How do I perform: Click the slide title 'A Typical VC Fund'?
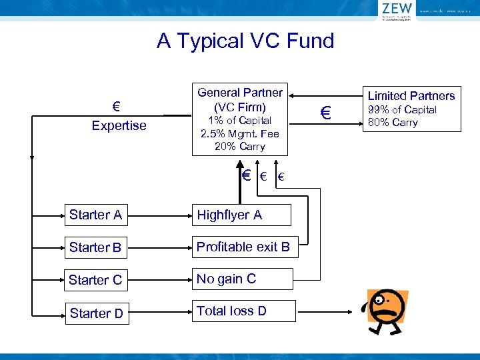pyautogui.click(x=245, y=41)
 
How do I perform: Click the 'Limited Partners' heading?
pyautogui.click(x=411, y=95)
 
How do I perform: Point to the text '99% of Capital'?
pyautogui.click(x=402, y=110)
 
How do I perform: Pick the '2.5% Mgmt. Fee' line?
pyautogui.click(x=240, y=133)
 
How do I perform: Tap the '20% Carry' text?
pyautogui.click(x=240, y=146)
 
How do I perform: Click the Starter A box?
pyautogui.click(x=96, y=215)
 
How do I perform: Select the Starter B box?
pyautogui.click(x=96, y=247)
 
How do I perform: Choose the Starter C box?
pyautogui.click(x=96, y=280)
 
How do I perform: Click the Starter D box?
pyautogui.click(x=96, y=313)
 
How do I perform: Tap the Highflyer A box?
pyautogui.click(x=241, y=215)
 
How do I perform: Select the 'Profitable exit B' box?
pyautogui.click(x=244, y=247)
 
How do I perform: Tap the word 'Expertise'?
pyautogui.click(x=119, y=125)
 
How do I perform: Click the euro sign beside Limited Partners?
pyautogui.click(x=325, y=114)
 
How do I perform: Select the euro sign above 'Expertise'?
pyautogui.click(x=116, y=107)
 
